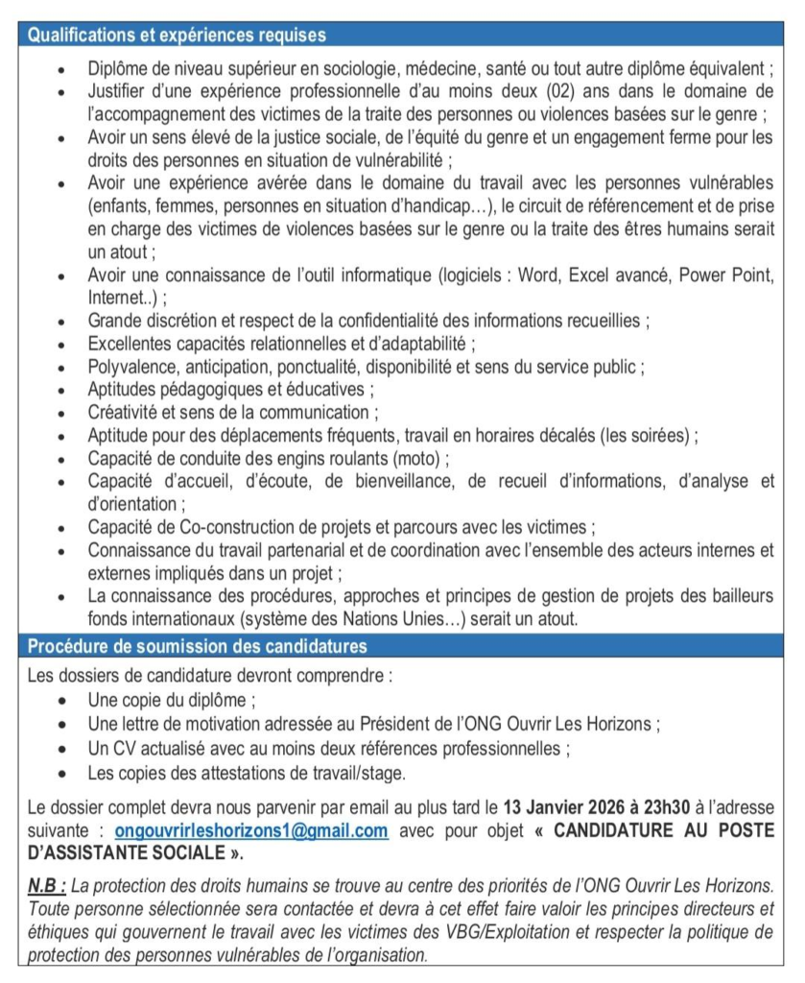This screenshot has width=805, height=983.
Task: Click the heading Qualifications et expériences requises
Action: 177,36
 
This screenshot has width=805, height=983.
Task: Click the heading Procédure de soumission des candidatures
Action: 197,647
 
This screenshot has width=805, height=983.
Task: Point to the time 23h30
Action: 667,808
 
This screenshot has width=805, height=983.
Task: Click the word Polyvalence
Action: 131,367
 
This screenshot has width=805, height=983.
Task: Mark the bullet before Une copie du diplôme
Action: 63,701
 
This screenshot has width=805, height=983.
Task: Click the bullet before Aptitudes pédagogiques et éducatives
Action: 63,390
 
